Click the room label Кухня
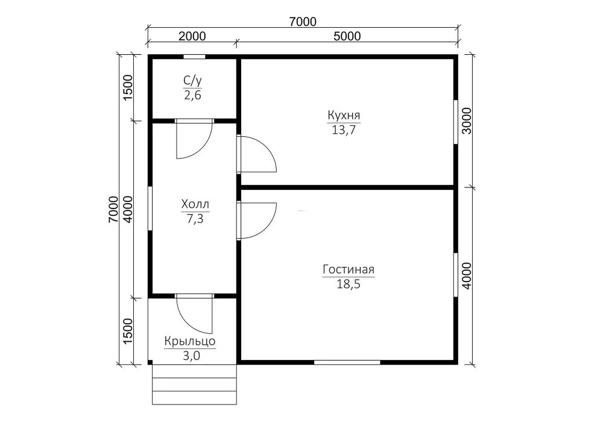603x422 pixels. pos(344,115)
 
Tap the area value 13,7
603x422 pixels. pos(344,130)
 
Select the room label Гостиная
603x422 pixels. pos(349,269)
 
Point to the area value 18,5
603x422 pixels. pos(349,284)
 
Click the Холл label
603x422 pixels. pos(195,204)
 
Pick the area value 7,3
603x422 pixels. pos(195,219)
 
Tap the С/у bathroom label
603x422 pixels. pos(193,81)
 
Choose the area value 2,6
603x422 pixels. pos(193,95)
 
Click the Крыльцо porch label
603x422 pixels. pos(190,341)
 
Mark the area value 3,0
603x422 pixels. pos(191,356)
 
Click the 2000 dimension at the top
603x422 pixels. pos(192,36)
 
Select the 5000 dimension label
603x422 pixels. pos(347,36)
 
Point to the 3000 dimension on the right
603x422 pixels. pos(467,121)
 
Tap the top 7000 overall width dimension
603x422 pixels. pos(303,22)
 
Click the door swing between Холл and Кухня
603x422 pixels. pos(257,154)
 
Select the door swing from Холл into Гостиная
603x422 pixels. pos(257,221)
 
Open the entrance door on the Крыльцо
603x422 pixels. pos(194,314)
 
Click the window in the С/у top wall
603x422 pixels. pos(194,57)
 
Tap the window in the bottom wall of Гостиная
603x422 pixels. pos(347,362)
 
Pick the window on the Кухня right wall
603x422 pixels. pos(456,122)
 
